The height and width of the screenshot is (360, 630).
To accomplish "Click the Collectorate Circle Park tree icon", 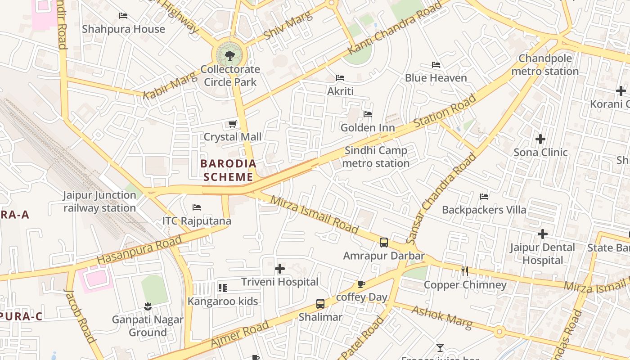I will click(230, 56).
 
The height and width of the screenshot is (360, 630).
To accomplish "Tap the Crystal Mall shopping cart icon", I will click(233, 124).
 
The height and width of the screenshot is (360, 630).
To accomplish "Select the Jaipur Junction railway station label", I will click(99, 202).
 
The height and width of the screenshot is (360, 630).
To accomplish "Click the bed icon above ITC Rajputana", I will click(197, 207).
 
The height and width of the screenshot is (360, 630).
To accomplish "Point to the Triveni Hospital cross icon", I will click(280, 269).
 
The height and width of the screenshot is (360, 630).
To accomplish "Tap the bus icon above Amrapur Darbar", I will click(384, 243).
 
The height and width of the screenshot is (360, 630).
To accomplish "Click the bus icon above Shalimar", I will click(320, 304).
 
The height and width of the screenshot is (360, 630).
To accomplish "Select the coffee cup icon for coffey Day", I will click(361, 284).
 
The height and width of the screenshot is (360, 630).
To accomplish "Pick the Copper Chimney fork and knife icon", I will click(465, 271).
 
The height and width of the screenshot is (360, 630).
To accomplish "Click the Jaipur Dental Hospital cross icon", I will click(543, 234).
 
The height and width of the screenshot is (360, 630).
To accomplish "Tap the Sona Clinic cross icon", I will click(540, 139).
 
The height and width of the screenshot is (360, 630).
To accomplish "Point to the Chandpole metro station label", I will click(545, 65).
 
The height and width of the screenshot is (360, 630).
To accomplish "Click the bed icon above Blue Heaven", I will click(436, 65).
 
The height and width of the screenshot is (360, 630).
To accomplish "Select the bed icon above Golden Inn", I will click(368, 114).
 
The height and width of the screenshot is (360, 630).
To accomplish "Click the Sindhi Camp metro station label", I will click(376, 157).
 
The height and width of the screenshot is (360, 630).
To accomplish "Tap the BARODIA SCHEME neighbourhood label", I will click(228, 170).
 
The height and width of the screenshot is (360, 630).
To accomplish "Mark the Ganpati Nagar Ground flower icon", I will click(148, 307).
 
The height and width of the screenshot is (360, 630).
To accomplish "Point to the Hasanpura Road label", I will click(139, 250).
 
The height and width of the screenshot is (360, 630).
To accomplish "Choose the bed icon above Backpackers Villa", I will click(484, 197).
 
